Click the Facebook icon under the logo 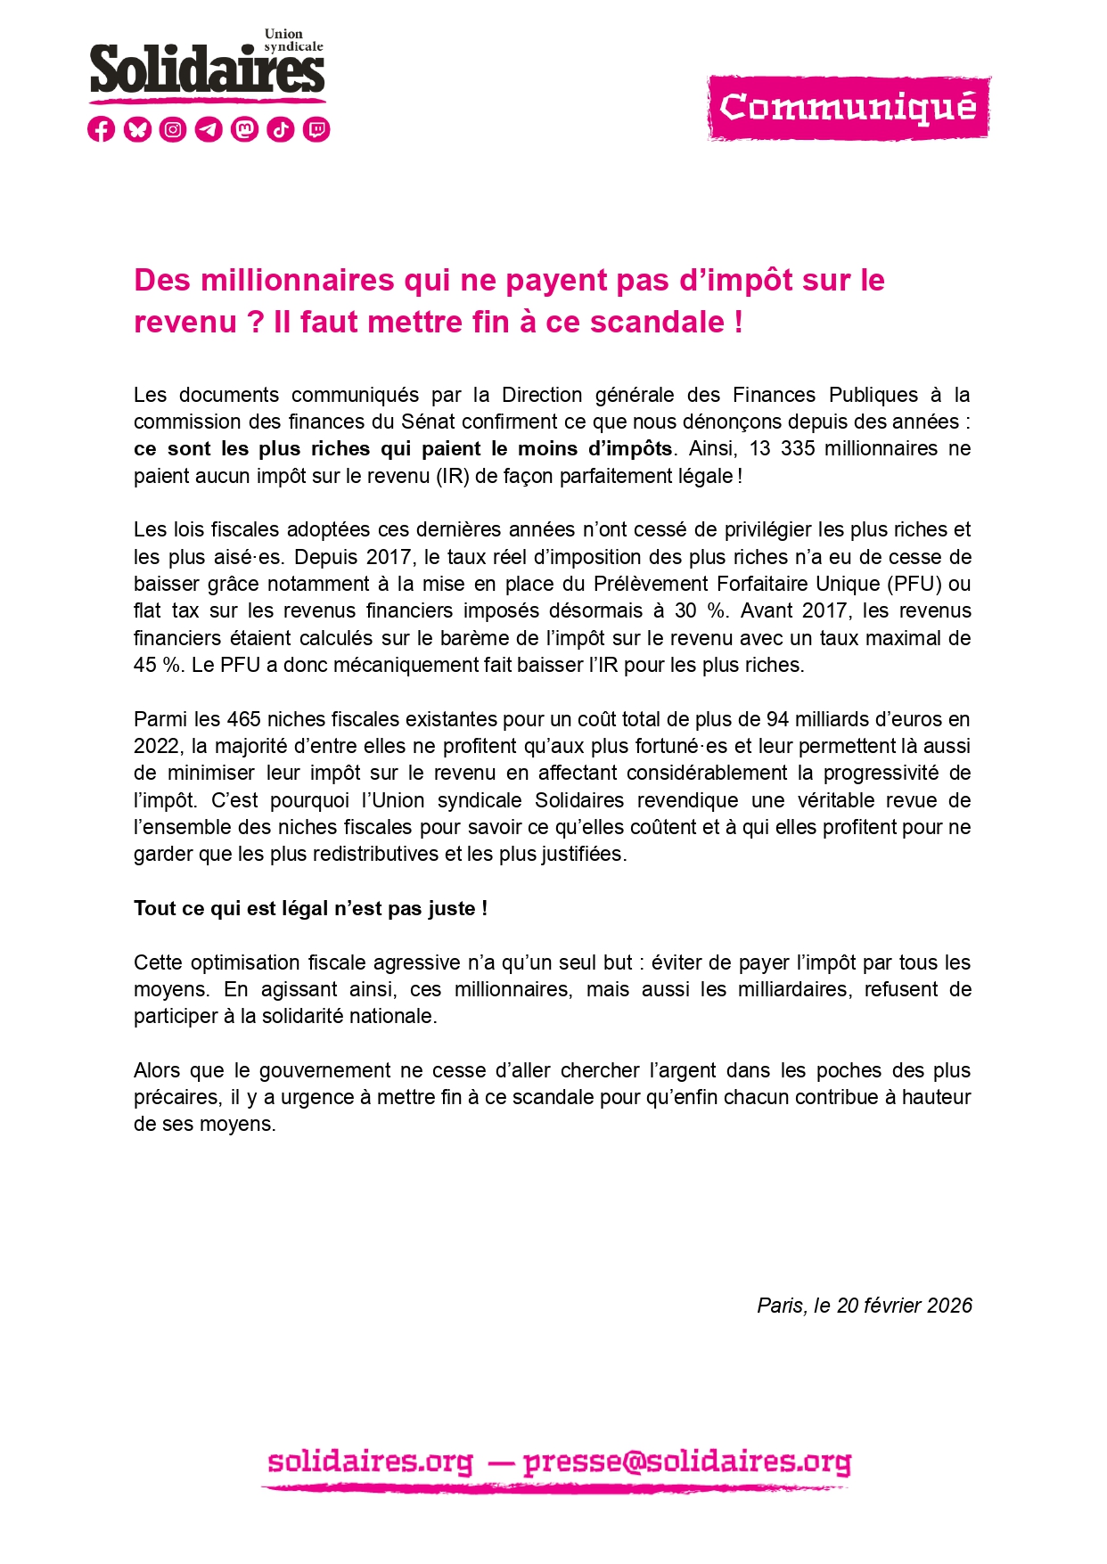coord(102,129)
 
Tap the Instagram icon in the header coord(173,129)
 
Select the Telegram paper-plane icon coord(209,129)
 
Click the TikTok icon coord(281,129)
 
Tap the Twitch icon coord(316,129)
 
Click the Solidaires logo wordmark coord(207,70)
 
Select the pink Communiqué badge coord(848,108)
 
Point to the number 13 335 coord(782,448)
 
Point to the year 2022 coord(156,746)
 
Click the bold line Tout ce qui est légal coord(310,908)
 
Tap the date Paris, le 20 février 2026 coord(864,1306)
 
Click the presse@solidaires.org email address coord(687,1462)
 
